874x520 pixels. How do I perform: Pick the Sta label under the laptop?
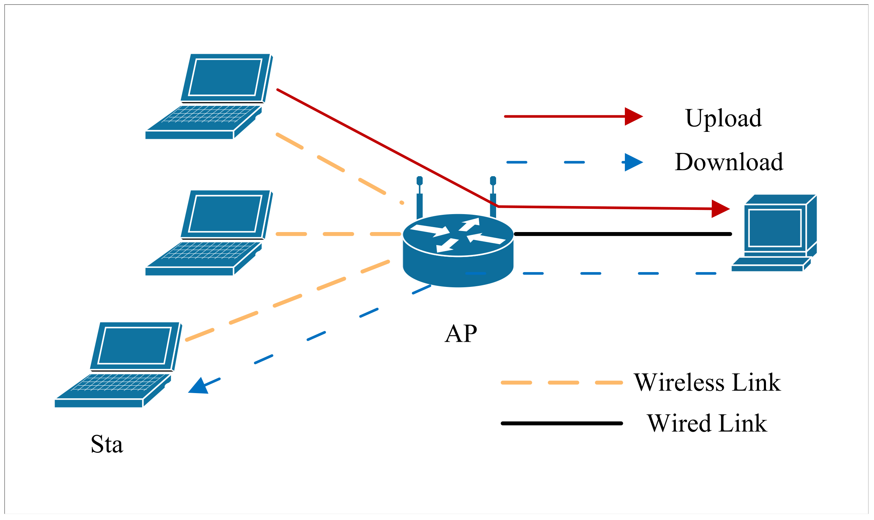[107, 444]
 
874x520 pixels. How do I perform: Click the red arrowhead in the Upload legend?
[633, 116]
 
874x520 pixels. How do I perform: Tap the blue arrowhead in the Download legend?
[633, 162]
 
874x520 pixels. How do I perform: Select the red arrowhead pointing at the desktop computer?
[720, 209]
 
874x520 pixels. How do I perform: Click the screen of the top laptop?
[225, 77]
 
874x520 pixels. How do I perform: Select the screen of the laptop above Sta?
[135, 346]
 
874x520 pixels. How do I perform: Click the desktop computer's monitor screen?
[775, 228]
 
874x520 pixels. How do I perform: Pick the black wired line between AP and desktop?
[623, 234]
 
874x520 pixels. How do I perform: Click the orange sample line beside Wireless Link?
[563, 383]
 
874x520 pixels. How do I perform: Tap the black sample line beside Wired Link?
[562, 423]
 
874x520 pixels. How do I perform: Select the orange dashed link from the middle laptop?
[338, 234]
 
